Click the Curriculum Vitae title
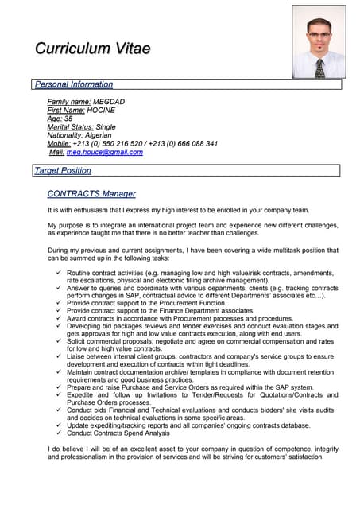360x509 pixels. pos(92,49)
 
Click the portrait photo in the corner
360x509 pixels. pos(318,42)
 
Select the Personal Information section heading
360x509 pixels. pos(73,84)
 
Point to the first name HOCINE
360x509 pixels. pos(101,111)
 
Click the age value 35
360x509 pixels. pos(68,119)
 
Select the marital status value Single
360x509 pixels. pos(106,126)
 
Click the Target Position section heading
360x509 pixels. pos(63,170)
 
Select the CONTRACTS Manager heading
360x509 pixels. pos(91,193)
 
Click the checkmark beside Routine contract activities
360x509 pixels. pos(59,272)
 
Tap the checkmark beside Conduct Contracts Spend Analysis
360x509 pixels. pos(59,433)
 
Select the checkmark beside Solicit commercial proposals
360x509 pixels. pos(59,340)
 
